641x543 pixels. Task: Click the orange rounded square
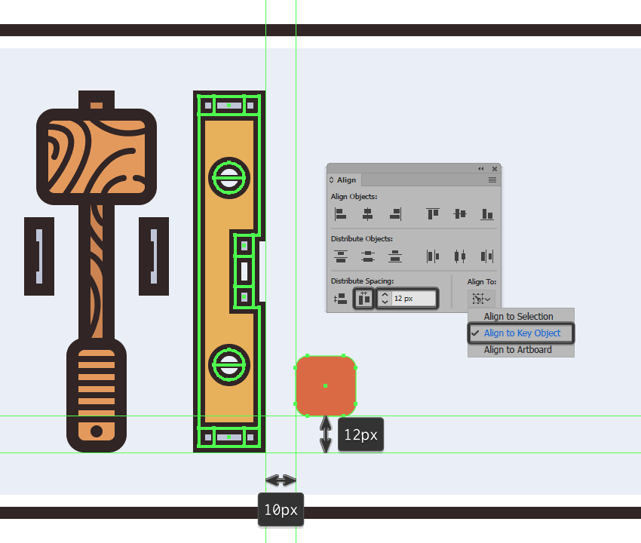(326, 385)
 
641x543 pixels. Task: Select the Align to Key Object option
(522, 333)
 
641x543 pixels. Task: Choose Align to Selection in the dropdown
(518, 316)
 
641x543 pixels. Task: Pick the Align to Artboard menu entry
(517, 350)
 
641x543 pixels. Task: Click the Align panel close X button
(495, 168)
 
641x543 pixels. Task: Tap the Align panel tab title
(346, 180)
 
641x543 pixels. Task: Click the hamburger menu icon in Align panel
(492, 180)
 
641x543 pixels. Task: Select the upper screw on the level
(229, 178)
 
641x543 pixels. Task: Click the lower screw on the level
(229, 365)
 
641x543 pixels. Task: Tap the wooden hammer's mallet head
(97, 157)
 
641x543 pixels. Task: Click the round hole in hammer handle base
(97, 431)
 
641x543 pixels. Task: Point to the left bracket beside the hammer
(39, 256)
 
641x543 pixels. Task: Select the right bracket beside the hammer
(154, 256)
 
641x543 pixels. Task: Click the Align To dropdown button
(481, 299)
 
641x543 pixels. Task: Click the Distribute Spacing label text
(362, 281)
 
